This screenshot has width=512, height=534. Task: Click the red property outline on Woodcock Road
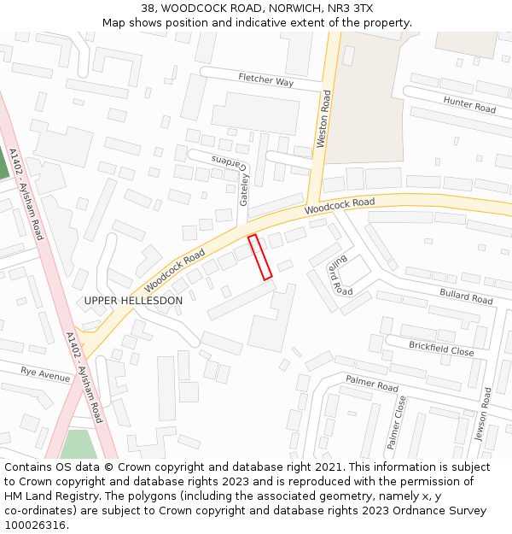point(259,257)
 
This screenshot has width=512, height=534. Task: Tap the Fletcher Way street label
point(266,80)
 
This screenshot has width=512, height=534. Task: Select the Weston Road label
point(323,120)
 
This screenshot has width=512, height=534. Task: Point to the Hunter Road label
point(469,104)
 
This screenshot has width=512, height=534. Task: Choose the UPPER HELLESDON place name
point(133,301)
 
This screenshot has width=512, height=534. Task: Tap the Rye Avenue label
point(46,374)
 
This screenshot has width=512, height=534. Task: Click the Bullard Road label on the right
point(466,296)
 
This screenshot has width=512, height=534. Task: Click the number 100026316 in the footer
point(36,525)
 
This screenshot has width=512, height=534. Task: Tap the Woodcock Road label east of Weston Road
point(340,206)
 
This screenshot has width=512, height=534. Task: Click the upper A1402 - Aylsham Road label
point(26,194)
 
